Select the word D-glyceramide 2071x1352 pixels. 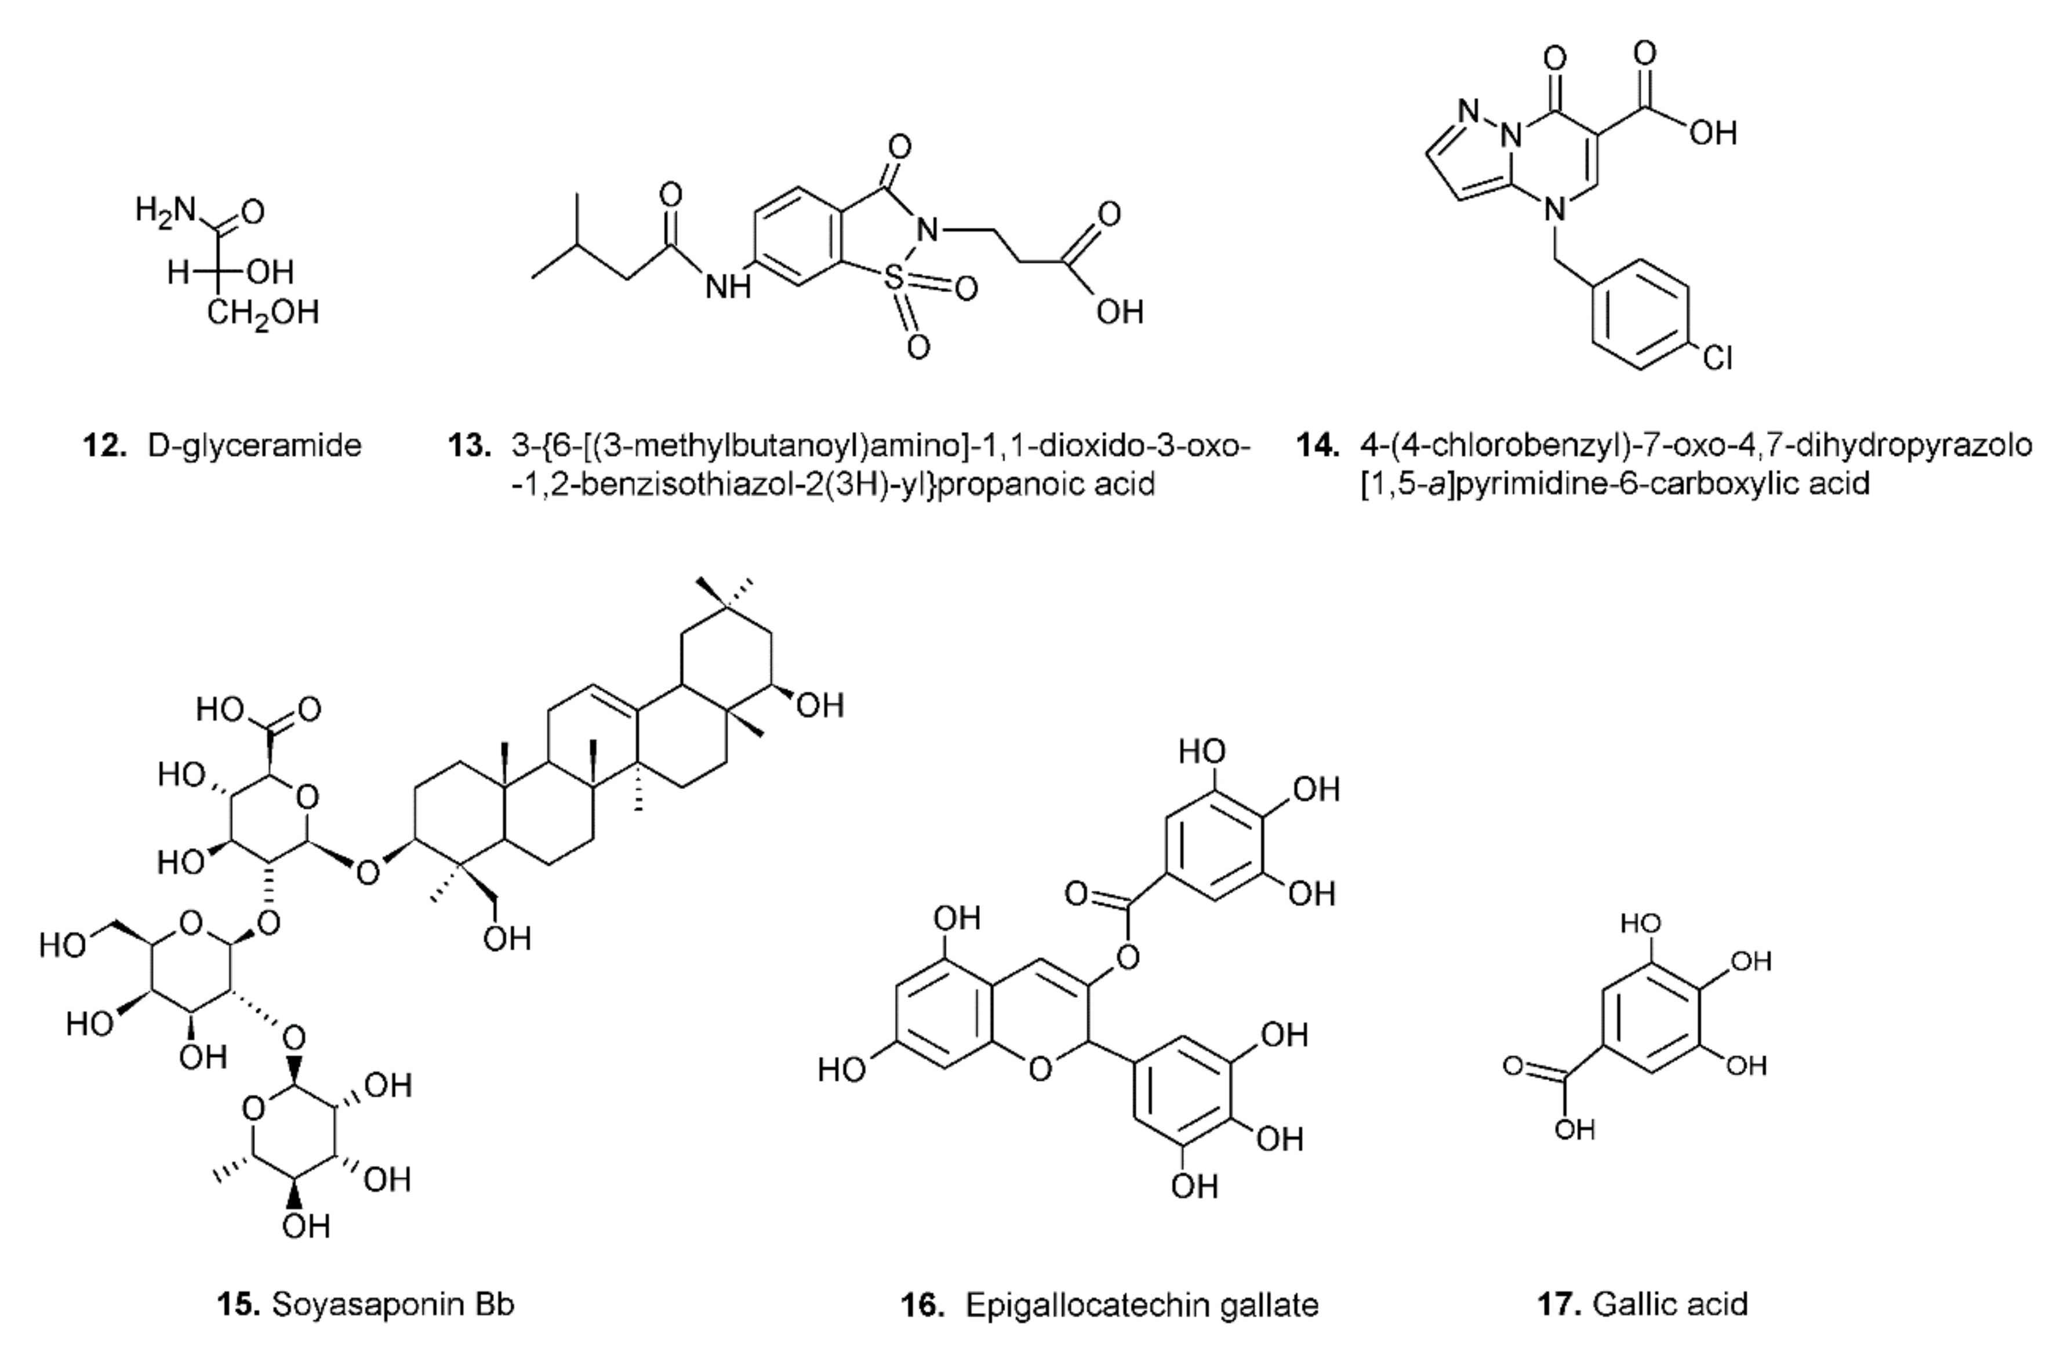coord(254,445)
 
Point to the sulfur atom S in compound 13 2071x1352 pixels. coord(893,278)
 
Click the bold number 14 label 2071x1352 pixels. coord(1317,445)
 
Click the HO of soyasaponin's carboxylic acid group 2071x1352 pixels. coord(219,709)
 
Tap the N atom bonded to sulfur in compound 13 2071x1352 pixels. coord(928,231)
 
